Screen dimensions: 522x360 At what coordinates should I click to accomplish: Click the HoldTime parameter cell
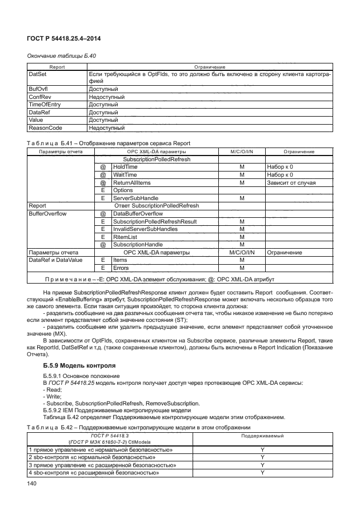point(125,166)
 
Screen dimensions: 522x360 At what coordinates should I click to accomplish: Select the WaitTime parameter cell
point(125,174)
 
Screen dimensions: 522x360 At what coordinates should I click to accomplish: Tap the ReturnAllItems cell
point(131,182)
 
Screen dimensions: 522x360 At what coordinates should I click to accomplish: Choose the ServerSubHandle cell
point(135,198)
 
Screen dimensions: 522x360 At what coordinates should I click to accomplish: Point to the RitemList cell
point(125,237)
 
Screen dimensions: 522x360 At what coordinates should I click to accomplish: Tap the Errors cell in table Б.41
point(121,268)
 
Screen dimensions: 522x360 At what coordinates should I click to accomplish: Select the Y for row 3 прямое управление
point(262,465)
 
